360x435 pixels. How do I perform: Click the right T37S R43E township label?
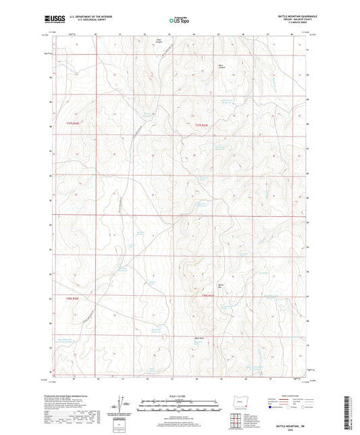coord(204,126)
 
